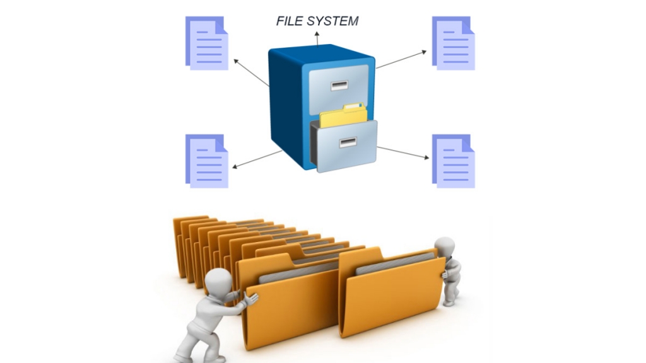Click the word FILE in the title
(290, 21)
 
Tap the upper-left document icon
(207, 43)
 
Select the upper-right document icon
(453, 43)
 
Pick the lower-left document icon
(207, 161)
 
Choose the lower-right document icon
(453, 161)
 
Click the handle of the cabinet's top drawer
(339, 86)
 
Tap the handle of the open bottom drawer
(348, 142)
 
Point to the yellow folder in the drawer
(344, 115)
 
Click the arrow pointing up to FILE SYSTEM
(317, 38)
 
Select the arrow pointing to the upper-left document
(251, 73)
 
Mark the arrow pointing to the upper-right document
(401, 60)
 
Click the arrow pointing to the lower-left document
(257, 159)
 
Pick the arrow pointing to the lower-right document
(403, 153)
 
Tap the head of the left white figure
(218, 282)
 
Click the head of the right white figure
(445, 247)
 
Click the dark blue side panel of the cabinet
(286, 108)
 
